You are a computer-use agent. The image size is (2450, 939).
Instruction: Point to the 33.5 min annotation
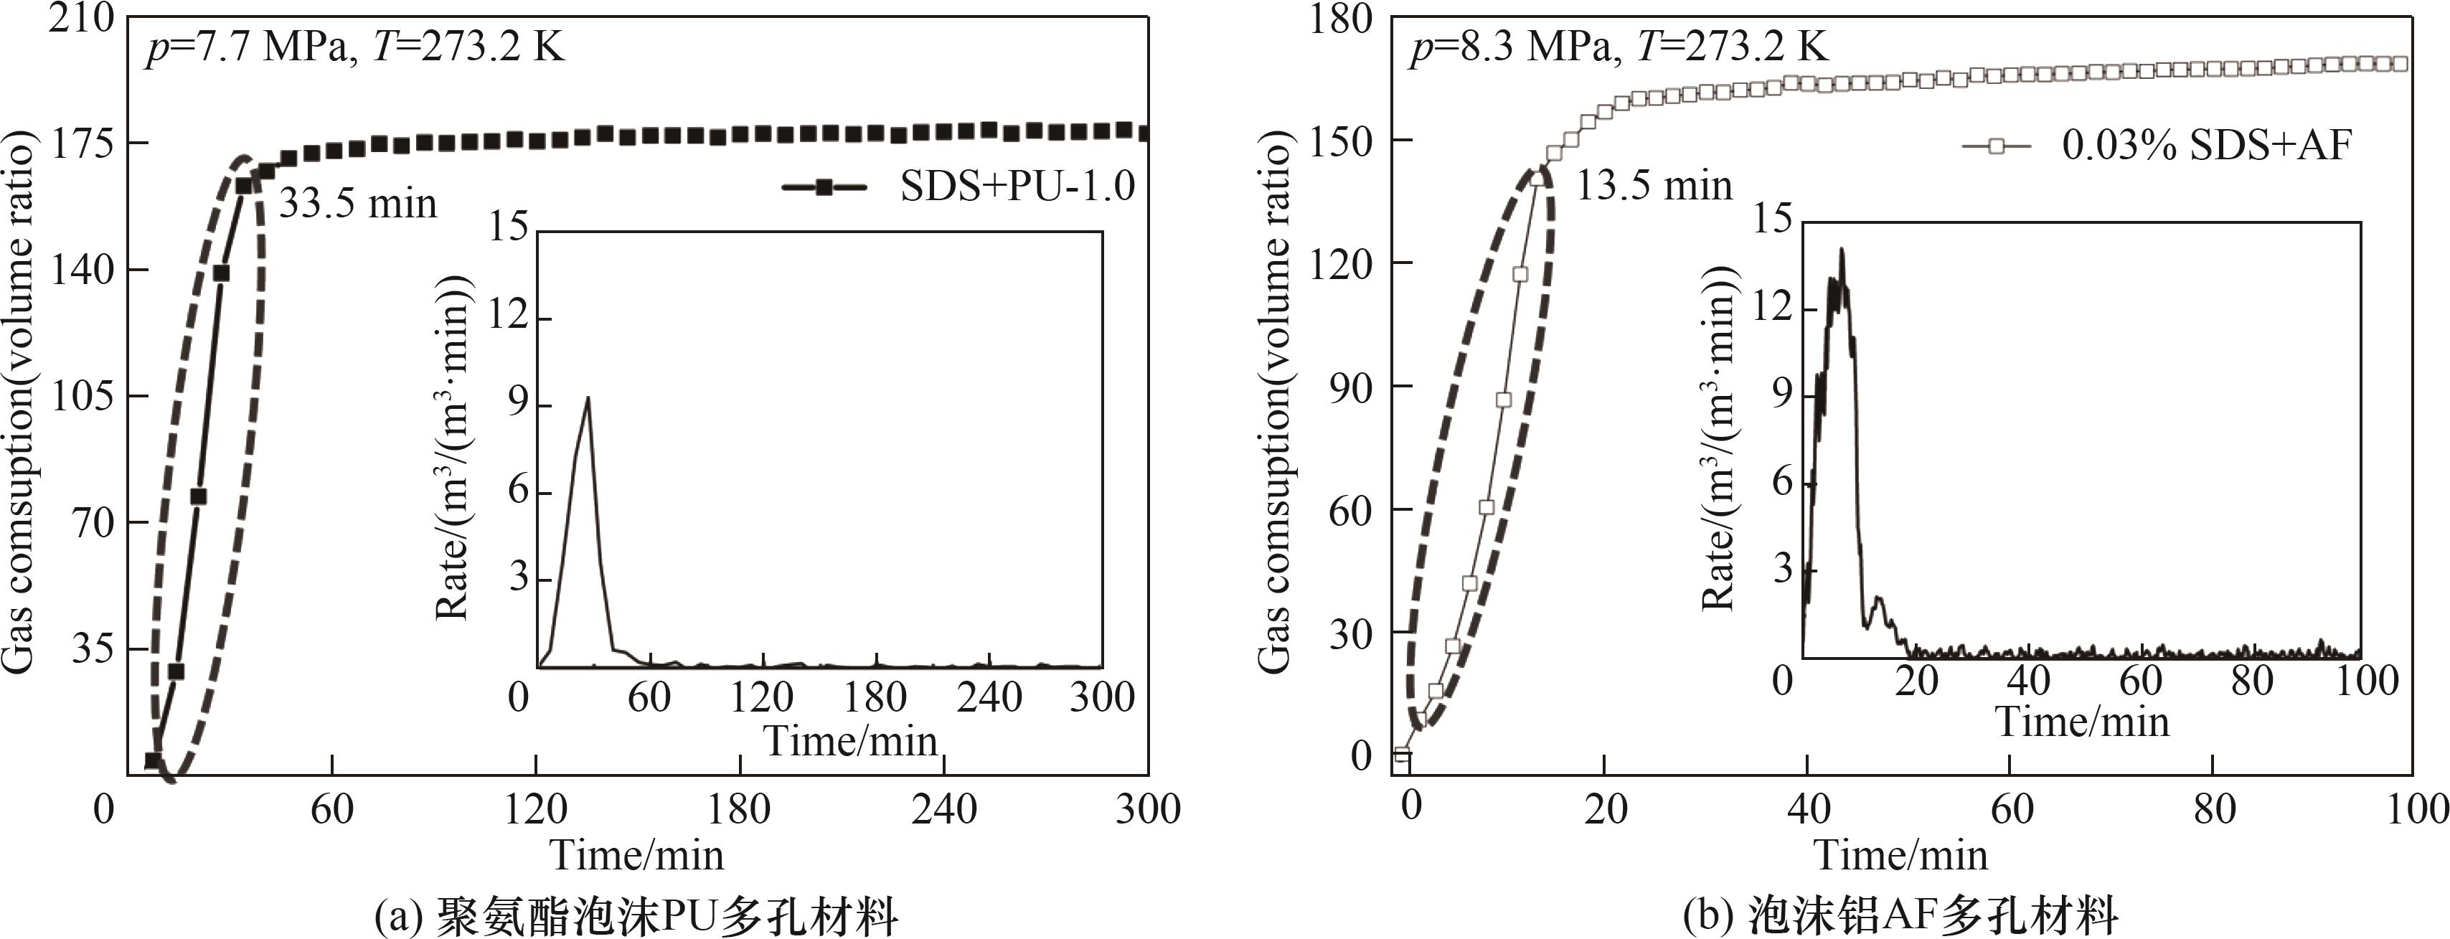357,204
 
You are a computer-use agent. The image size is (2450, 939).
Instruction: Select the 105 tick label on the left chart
81,396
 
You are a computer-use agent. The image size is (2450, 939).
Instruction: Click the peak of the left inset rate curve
588,397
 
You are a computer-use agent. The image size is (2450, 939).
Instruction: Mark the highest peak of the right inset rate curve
1842,249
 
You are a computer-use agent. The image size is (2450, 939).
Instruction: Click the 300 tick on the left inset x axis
1101,697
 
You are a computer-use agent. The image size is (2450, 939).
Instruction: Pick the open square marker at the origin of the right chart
1401,755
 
